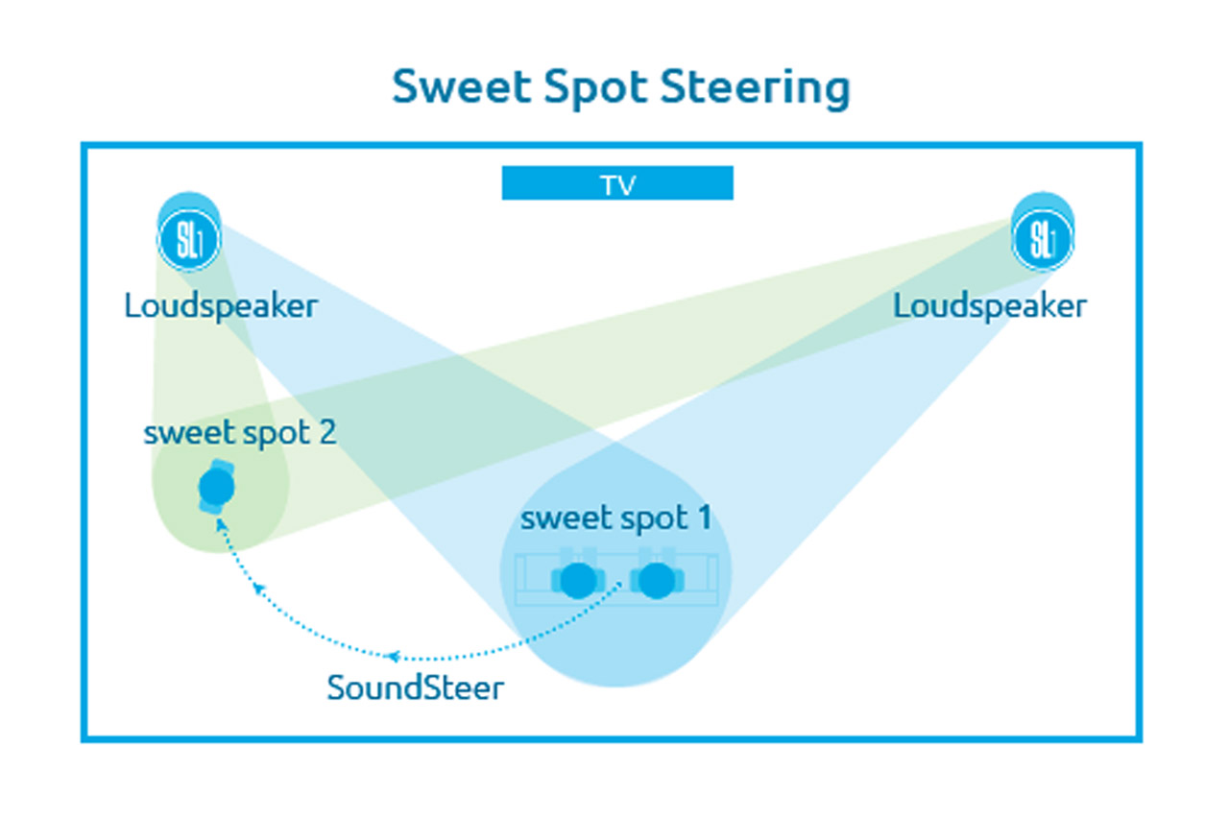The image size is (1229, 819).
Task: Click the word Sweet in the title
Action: coord(462,86)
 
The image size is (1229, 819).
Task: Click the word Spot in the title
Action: coord(596,88)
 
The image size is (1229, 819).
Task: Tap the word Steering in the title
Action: coord(755,88)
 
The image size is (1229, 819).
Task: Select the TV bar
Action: coord(617,182)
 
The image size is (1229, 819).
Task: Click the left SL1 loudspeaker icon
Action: coord(189,232)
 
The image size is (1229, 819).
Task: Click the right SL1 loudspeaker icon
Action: coord(1043,232)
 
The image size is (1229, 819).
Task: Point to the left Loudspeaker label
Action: coord(221,306)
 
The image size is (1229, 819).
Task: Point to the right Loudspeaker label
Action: coord(990,306)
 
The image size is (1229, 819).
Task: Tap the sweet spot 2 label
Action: coord(240,433)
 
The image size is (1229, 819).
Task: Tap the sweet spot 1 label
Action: coord(616,518)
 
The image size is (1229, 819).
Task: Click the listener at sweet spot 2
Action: coord(217,487)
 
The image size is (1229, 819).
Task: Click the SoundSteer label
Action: coord(416,687)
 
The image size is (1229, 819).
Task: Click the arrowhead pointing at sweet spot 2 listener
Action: coord(221,525)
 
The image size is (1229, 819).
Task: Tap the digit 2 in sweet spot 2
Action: coord(327,432)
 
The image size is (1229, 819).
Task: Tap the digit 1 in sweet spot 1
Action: coord(705,518)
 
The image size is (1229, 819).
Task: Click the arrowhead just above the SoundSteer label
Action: coord(393,656)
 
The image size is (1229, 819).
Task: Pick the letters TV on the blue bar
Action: coord(617,185)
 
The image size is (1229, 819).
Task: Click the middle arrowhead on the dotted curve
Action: coord(258,588)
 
